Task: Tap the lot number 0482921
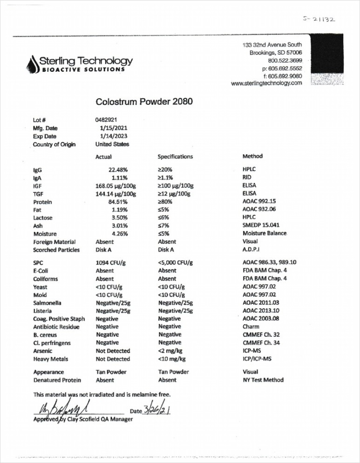pos(106,120)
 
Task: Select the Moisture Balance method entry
pos(265,233)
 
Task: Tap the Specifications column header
pos(175,157)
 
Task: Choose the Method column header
pos(252,156)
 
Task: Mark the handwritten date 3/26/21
pos(158,410)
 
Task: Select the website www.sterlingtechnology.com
pos(266,83)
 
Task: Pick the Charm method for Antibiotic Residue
pos(251,327)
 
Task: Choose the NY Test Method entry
pos(263,380)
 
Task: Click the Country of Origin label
pos(55,144)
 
